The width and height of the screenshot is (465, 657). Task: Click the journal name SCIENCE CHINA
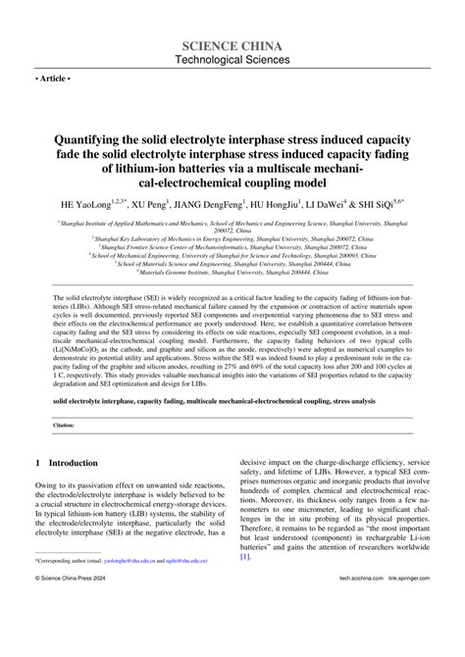pos(232,45)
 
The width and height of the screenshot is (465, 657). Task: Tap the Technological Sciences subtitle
pos(232,61)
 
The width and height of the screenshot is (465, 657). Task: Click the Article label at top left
pos(55,76)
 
